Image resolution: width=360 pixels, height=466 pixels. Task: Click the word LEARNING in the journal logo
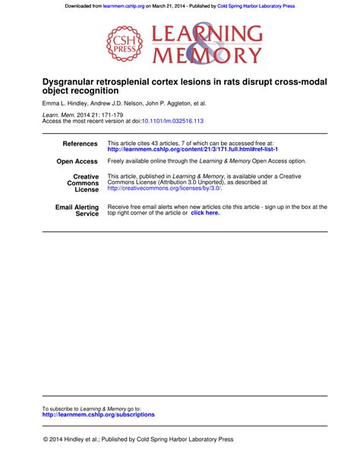208,34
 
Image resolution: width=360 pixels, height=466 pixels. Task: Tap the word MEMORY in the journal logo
208,54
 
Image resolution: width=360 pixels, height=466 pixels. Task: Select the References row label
80,144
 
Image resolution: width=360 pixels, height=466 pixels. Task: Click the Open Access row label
77,162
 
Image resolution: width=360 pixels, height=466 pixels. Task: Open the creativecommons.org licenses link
164,188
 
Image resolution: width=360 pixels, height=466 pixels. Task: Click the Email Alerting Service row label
77,211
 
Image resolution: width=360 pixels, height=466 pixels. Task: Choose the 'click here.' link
205,213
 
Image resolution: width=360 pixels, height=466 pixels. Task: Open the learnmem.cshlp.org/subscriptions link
98,414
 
